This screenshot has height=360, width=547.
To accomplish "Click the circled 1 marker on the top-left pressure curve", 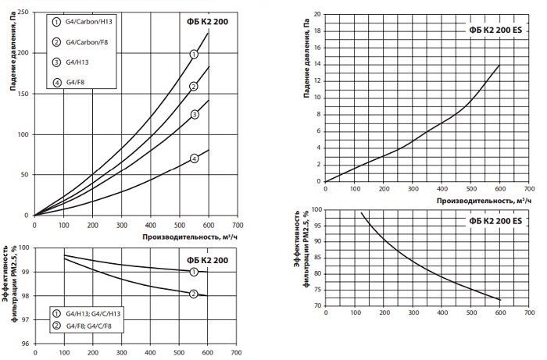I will tap(194, 54).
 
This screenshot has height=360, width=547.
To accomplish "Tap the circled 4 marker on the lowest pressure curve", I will tap(194, 158).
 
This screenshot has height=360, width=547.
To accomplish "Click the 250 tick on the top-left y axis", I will tap(24, 12).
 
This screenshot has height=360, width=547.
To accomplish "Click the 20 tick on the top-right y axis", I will tap(316, 14).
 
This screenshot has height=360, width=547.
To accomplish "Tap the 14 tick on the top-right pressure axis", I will tap(316, 64).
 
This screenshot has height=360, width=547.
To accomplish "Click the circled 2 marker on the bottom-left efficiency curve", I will tap(194, 294).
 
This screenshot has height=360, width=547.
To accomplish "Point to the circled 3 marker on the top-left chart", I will tap(194, 114).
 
